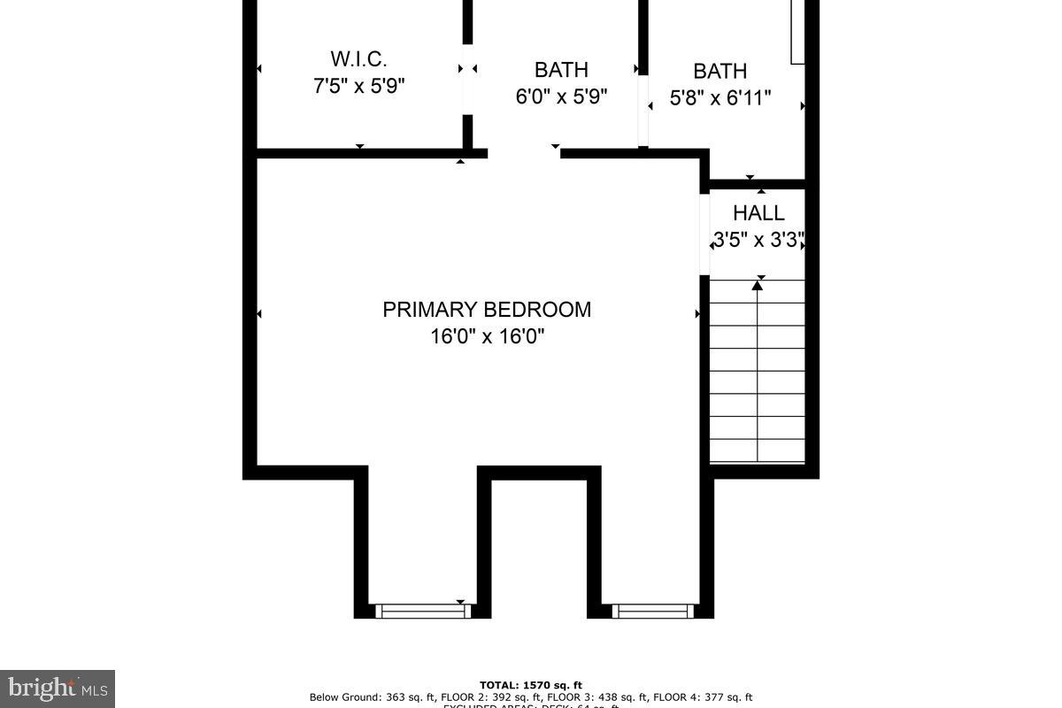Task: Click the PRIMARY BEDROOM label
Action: (x=487, y=310)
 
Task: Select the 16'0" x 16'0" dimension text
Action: (x=487, y=337)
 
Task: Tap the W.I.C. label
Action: (x=358, y=59)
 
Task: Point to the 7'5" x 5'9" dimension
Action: (x=358, y=87)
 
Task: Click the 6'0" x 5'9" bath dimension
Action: (x=561, y=96)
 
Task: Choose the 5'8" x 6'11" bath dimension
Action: (x=720, y=97)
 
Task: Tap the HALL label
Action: (x=758, y=213)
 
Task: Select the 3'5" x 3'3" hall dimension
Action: (x=758, y=240)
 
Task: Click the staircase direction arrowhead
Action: (x=758, y=285)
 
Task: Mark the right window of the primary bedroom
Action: (x=653, y=611)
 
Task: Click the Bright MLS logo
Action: (x=57, y=688)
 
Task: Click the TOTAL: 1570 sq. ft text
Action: (x=531, y=685)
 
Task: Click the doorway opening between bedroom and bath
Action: (x=524, y=154)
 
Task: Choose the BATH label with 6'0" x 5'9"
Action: (x=561, y=70)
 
